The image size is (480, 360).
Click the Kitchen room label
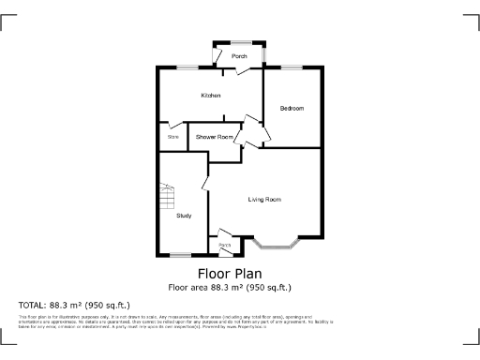pos(210,96)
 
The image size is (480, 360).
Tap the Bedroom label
pos(292,109)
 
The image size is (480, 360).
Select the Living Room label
pos(264,200)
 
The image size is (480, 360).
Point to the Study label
pos(184,216)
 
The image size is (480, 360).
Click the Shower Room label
pos(214,137)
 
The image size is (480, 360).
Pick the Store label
pos(172,137)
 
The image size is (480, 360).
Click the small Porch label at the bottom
pos(225,246)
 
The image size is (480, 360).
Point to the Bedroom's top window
pos(293,67)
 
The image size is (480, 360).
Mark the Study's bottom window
pos(180,255)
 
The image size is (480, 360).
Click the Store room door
pos(176,125)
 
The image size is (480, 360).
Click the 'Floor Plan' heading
pos(230,274)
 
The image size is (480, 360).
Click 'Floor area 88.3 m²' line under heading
pos(230,287)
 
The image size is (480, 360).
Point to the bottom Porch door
pos(225,233)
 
